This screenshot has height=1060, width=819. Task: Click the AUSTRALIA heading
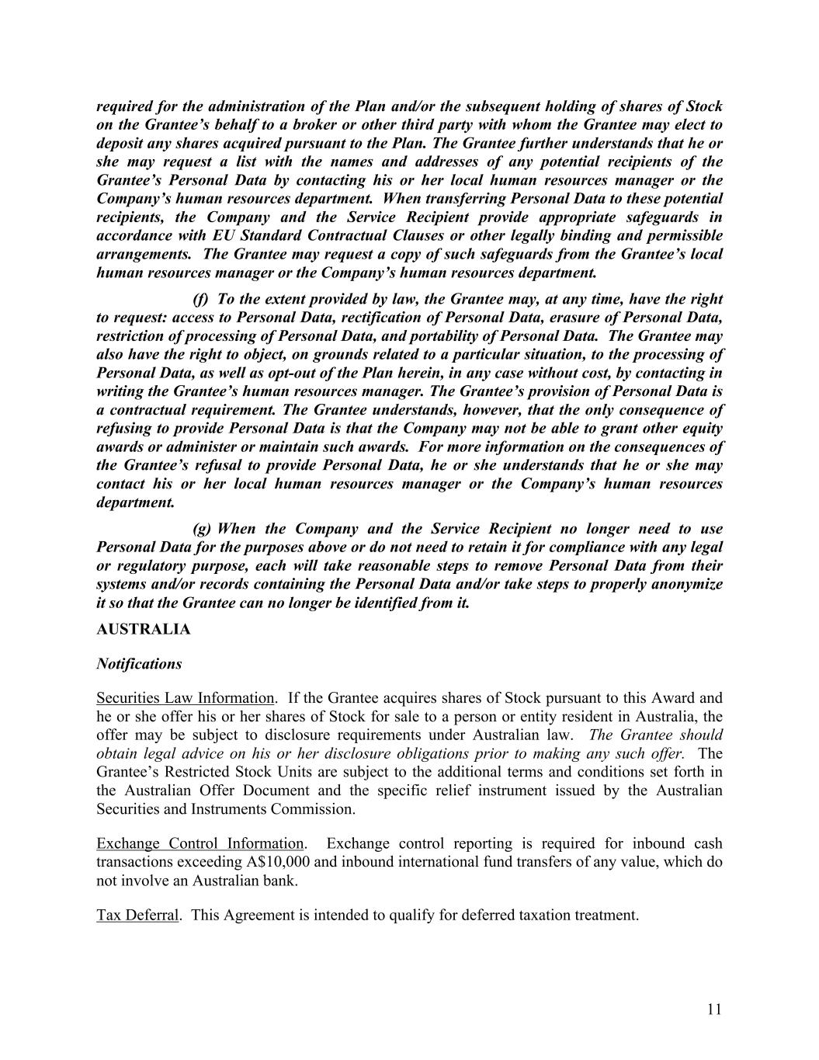143,629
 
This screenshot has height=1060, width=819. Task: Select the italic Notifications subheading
139,664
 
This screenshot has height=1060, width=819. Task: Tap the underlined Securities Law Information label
185,698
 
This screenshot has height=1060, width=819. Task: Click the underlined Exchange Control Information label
200,843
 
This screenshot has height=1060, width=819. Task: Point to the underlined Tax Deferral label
137,915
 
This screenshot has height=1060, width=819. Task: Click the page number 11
714,1010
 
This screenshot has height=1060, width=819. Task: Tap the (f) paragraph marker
200,300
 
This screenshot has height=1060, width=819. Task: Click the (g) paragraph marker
201,530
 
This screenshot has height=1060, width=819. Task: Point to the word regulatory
146,566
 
